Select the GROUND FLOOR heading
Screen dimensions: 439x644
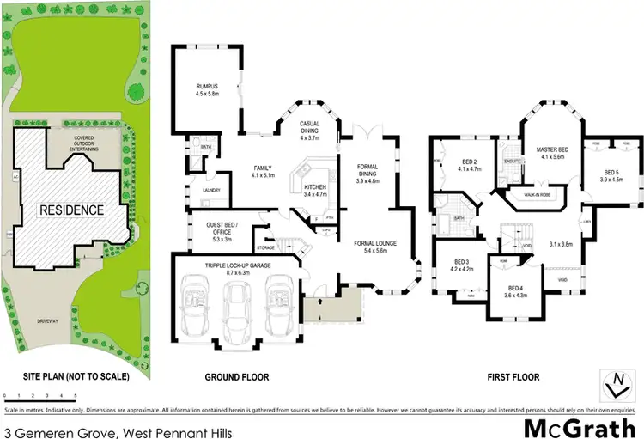coord(236,377)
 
